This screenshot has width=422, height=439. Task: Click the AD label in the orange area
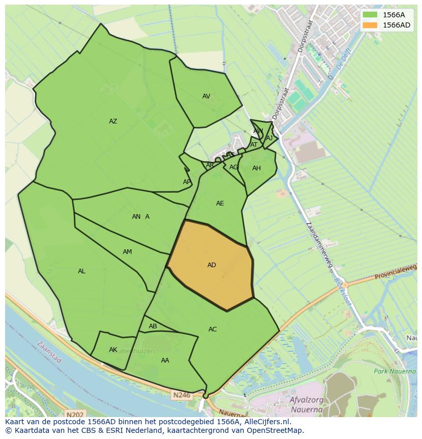click(212, 265)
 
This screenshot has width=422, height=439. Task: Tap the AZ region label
click(113, 121)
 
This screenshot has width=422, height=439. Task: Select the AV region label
click(206, 96)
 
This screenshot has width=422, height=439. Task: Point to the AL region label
click(82, 271)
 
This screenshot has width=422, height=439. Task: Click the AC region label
click(213, 329)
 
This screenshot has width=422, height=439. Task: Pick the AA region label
click(165, 360)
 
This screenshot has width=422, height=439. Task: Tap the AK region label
click(113, 350)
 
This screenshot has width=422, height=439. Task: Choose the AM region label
click(127, 252)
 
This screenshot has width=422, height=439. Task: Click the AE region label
click(220, 203)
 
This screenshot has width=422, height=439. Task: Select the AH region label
click(256, 168)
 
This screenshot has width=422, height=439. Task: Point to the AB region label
click(153, 326)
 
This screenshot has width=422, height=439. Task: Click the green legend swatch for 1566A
click(371, 15)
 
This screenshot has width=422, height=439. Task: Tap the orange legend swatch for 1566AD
click(371, 25)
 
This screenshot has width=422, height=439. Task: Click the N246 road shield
click(180, 395)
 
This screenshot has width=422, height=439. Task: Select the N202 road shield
click(74, 415)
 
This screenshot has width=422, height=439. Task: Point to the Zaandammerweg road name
click(320, 245)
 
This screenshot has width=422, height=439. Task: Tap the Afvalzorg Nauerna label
click(306, 404)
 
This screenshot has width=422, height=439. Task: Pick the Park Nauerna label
click(394, 371)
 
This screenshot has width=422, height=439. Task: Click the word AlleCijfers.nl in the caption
click(266, 422)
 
